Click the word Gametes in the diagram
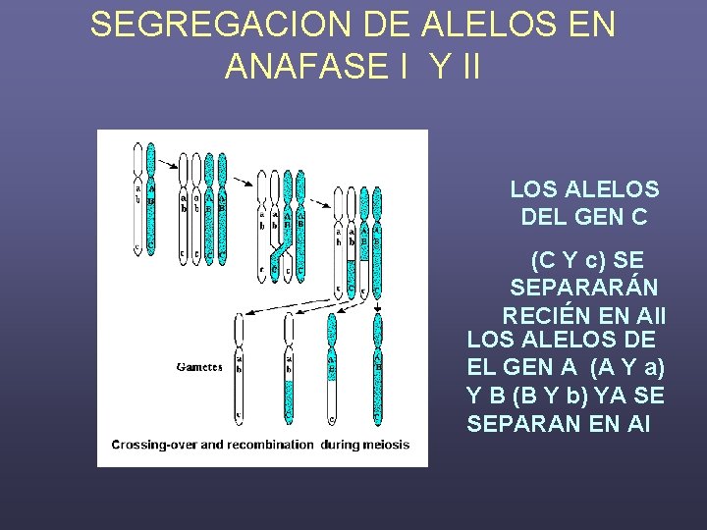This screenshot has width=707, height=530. pos(198,368)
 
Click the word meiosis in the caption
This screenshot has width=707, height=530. pos(385,445)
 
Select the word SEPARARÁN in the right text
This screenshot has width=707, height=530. pos(584,289)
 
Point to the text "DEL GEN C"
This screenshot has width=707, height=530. pos(584,217)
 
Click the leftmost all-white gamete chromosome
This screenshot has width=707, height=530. pos(239,368)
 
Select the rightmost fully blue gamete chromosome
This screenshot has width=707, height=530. pos(378,368)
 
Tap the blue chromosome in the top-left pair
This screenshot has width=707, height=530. pos(151,196)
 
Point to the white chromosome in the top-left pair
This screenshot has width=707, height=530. pos(138,196)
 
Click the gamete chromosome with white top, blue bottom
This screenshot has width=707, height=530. pos(289,368)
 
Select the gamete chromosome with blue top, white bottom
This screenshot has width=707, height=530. pos(332,368)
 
